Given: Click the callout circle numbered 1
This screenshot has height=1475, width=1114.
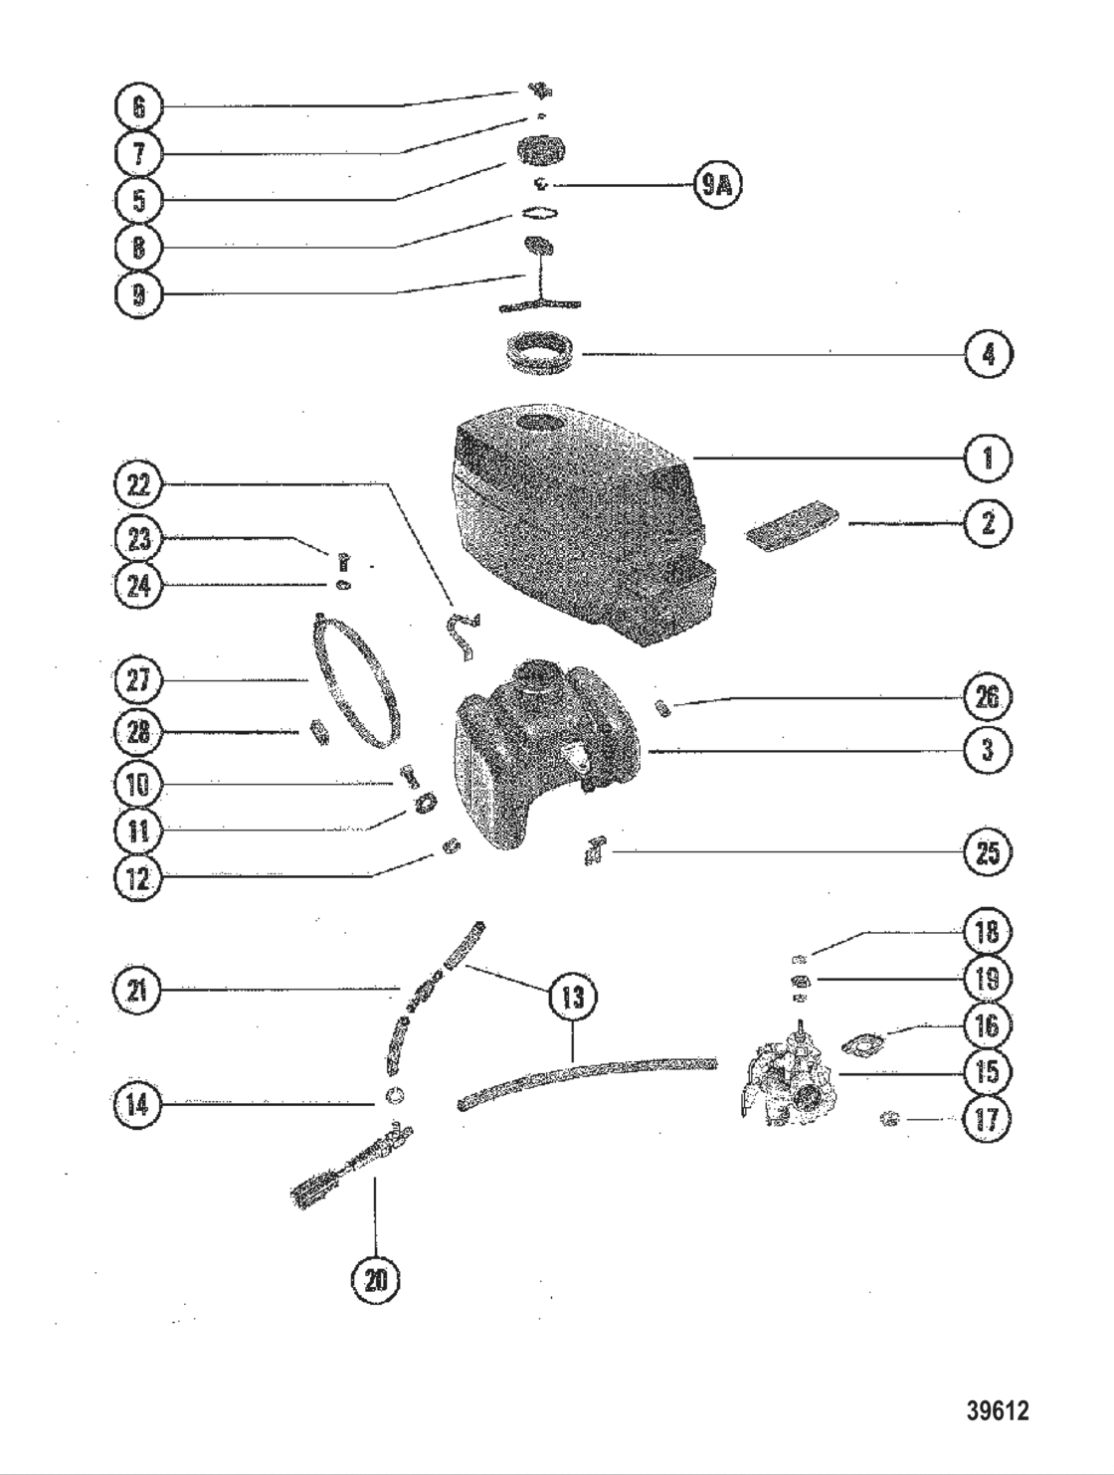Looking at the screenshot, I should (x=988, y=458).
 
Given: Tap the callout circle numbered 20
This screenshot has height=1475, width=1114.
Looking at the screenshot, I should (x=375, y=1280).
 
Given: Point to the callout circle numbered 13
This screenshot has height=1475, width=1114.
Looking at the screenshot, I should (x=573, y=998).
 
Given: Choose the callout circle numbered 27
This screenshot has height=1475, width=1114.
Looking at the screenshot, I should (x=138, y=680).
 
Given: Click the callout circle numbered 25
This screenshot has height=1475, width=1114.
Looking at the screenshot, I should (x=988, y=852).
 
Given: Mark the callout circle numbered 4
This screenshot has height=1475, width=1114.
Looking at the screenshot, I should (x=988, y=354).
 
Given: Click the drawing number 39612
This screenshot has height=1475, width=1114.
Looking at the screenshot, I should (x=997, y=1410).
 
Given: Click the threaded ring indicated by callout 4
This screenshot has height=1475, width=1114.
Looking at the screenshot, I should (x=541, y=354).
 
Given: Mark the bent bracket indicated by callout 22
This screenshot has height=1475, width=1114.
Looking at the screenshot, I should (x=460, y=637).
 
